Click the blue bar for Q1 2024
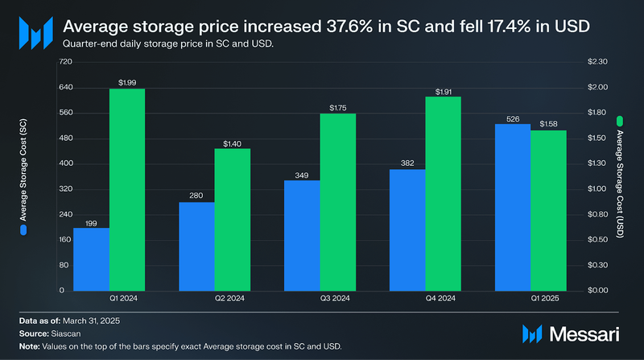[x=91, y=259]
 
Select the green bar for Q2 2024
[x=232, y=219]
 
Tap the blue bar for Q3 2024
[x=303, y=235]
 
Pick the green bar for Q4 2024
[x=444, y=193]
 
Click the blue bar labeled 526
[x=513, y=207]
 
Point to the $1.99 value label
[x=127, y=82]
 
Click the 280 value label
[x=196, y=195]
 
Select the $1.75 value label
[x=338, y=107]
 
